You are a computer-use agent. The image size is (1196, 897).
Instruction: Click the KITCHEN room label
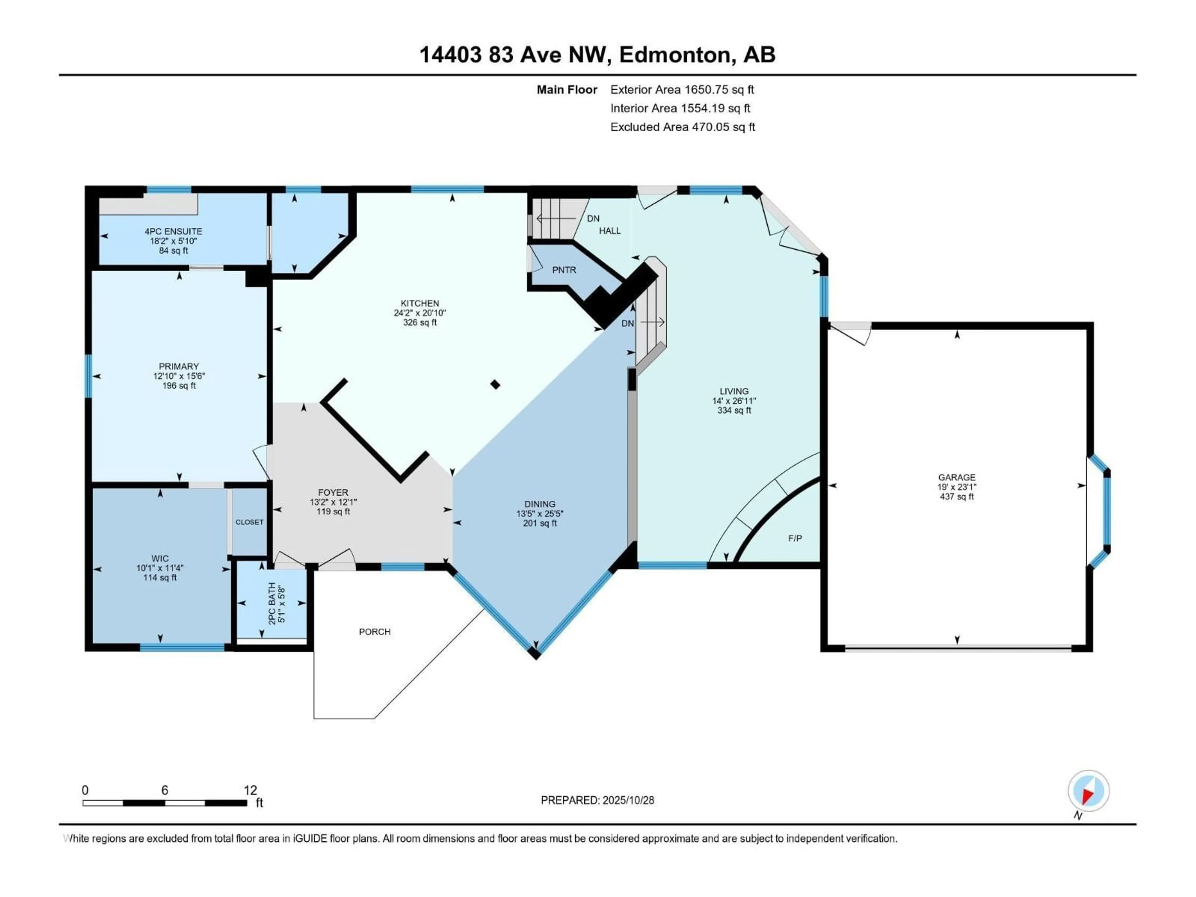(x=420, y=303)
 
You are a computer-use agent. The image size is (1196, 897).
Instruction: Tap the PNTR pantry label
(x=564, y=270)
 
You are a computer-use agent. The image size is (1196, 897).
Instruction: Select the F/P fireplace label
(x=794, y=539)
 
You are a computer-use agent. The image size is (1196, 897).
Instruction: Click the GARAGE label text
(x=956, y=477)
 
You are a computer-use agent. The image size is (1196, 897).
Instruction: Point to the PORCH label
(x=374, y=632)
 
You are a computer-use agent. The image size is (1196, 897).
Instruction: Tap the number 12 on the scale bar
(x=250, y=790)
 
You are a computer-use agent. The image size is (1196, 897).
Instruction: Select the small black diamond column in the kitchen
(x=495, y=384)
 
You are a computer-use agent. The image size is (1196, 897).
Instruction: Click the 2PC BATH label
(x=272, y=603)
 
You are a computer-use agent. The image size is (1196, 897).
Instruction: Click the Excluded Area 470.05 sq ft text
(x=682, y=127)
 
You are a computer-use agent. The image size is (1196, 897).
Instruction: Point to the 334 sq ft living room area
(x=734, y=411)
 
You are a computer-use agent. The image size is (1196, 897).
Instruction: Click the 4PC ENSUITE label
(x=173, y=231)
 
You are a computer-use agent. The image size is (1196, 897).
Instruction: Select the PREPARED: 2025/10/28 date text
(x=597, y=800)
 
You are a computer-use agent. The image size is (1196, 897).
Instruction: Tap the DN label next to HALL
(x=593, y=218)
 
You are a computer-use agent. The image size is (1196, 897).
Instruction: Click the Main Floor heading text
(x=567, y=90)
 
